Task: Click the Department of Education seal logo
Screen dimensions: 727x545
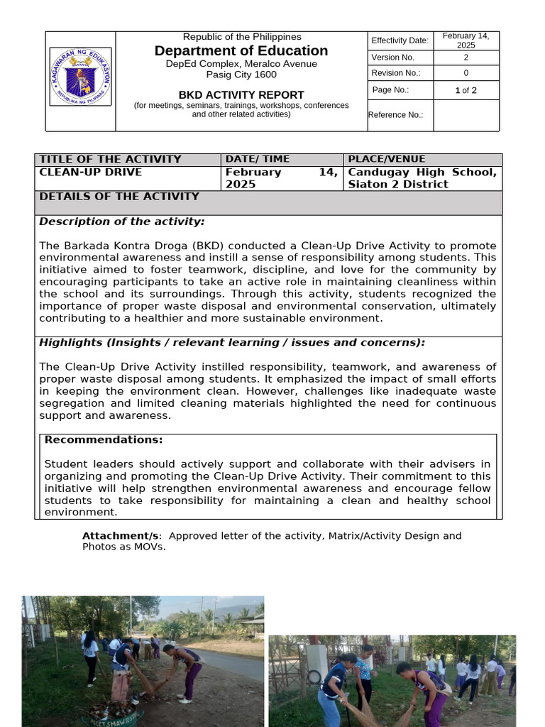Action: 81,77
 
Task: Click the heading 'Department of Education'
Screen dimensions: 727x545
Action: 241,50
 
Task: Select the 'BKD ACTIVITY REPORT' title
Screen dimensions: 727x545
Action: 241,94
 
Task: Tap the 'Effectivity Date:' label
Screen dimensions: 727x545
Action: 400,40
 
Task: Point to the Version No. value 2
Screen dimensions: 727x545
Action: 466,58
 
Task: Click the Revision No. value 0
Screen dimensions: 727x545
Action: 466,73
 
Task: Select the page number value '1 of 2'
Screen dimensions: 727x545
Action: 466,90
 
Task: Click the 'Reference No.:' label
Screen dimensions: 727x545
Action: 396,115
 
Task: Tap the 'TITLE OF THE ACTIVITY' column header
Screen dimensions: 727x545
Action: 110,159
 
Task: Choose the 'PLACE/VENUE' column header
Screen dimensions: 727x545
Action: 386,159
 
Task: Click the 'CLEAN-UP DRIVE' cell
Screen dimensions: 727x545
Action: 90,172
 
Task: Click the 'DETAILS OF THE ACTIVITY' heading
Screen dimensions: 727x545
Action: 119,197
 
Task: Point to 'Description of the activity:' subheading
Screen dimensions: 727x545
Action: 121,222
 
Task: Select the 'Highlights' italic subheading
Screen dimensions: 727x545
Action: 71,342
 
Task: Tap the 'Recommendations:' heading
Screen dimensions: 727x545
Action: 104,439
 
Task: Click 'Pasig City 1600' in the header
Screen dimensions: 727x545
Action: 241,75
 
